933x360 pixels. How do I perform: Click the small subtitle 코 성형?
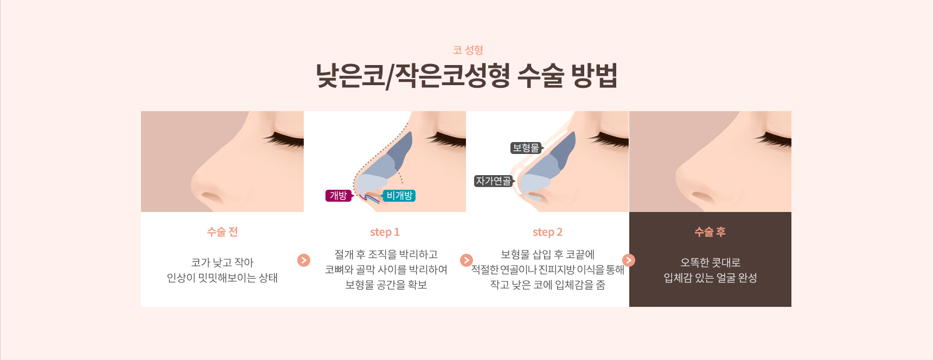tap(468, 50)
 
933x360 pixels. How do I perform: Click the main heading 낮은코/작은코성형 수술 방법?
tap(467, 75)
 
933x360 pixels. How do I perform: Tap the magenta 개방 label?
tap(338, 196)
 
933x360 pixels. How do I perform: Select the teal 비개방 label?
tap(399, 196)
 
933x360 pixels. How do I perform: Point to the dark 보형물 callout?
tap(526, 148)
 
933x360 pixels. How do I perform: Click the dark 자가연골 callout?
tap(494, 181)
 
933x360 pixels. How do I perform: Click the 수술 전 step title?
tap(222, 232)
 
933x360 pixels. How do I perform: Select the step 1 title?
tap(385, 232)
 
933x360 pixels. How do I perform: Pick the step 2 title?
tap(547, 232)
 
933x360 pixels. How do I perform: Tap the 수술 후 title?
tap(710, 232)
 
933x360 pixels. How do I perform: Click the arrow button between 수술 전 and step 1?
tap(304, 260)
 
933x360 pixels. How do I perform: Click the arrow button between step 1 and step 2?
tap(467, 260)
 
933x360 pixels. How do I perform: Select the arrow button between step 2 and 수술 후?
tap(629, 260)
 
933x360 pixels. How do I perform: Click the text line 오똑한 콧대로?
tap(710, 262)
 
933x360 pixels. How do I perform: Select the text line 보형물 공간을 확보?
tap(386, 285)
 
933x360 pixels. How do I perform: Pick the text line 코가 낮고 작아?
tap(222, 262)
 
